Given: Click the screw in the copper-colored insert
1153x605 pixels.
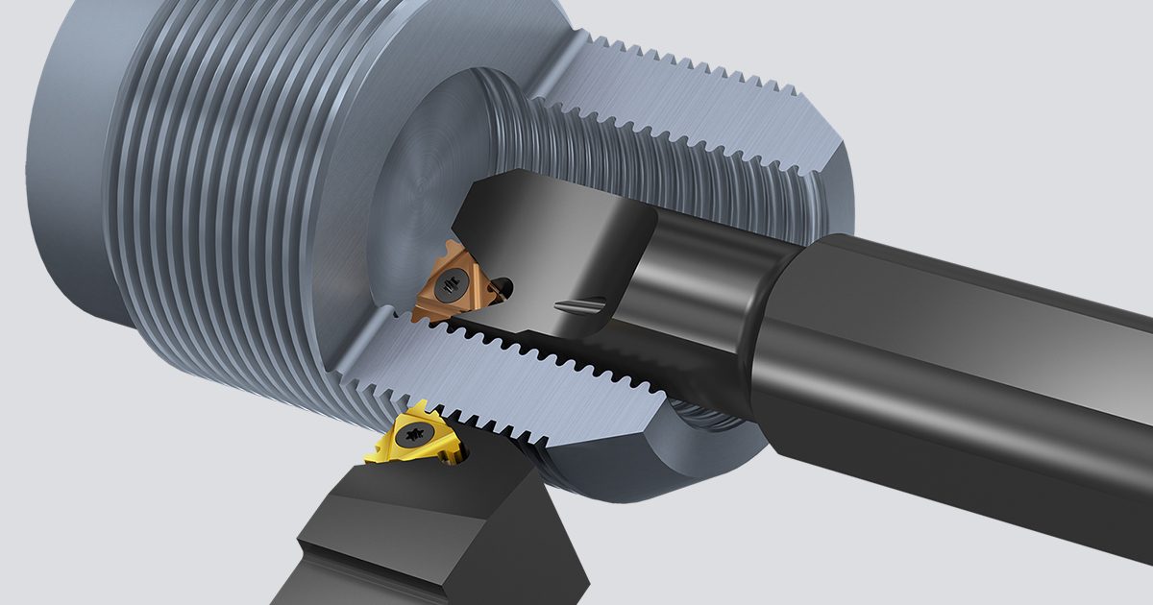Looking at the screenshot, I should (x=450, y=284).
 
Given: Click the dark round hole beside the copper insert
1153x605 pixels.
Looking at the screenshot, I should (x=503, y=285).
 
